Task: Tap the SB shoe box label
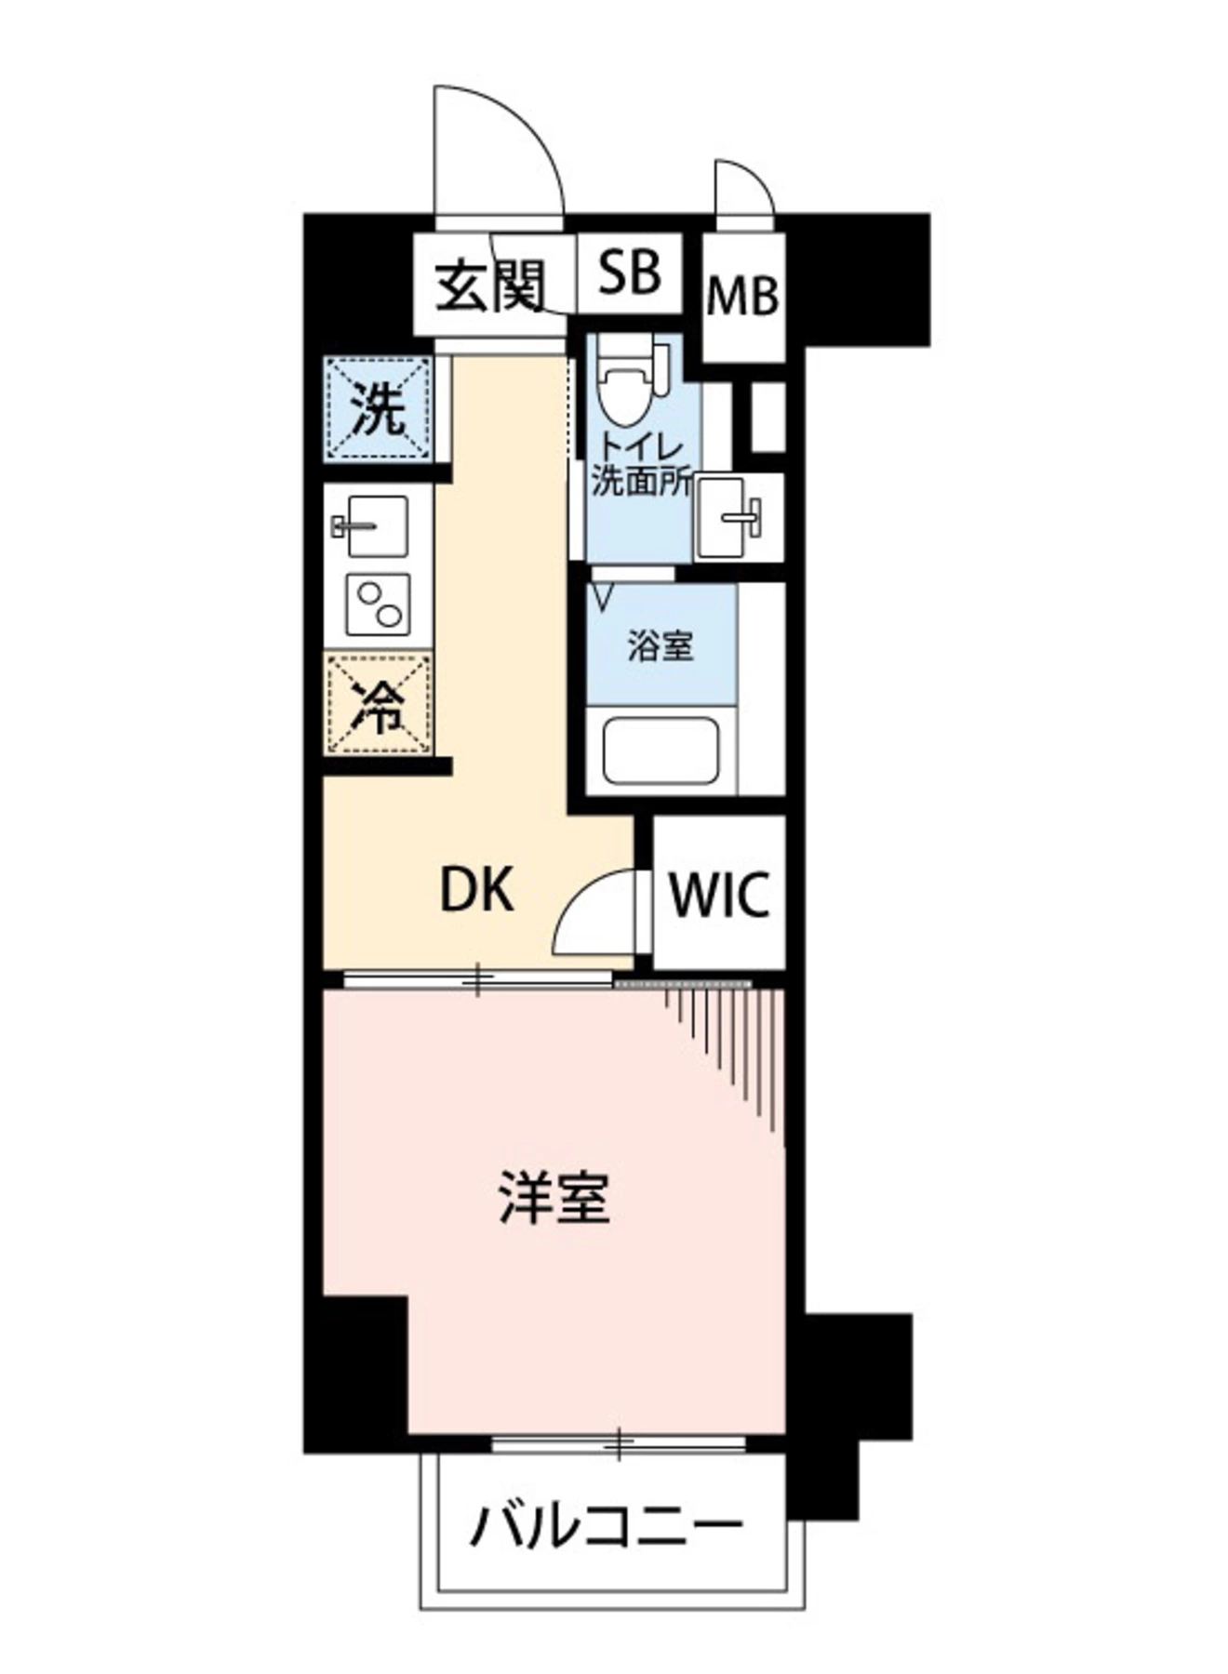(630, 272)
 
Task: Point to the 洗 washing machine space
(379, 409)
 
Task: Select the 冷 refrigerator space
(379, 705)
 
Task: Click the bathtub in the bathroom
(661, 750)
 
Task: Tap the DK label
(476, 891)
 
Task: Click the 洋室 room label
(554, 1198)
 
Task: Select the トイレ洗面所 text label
(641, 466)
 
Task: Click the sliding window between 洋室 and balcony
(619, 1444)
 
